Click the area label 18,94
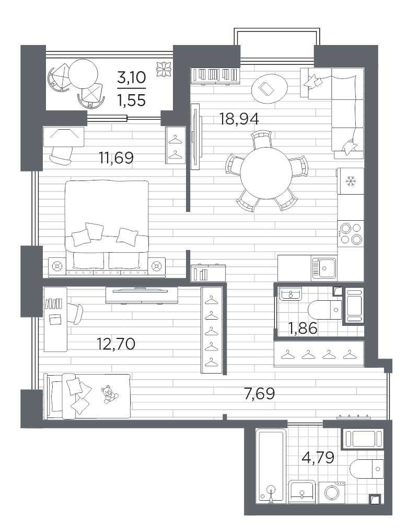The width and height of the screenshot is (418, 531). (x=239, y=119)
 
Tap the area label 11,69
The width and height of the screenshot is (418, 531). (x=116, y=158)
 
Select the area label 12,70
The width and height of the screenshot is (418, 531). (x=116, y=344)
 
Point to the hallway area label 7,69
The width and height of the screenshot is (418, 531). (x=259, y=393)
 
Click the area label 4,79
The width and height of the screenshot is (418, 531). (x=318, y=458)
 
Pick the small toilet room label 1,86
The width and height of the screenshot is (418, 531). (x=303, y=328)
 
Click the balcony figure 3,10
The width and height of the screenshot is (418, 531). (x=132, y=77)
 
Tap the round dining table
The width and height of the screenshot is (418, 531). (x=266, y=173)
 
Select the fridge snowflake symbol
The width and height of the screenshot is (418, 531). (x=351, y=182)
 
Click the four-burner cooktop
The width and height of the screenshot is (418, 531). (x=351, y=234)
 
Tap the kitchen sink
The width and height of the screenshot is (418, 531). (x=324, y=268)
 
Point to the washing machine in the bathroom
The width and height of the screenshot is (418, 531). (x=332, y=491)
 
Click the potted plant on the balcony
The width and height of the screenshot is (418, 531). (x=164, y=69)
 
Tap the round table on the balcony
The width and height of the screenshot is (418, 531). (x=83, y=74)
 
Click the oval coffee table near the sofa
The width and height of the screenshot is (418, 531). (x=270, y=88)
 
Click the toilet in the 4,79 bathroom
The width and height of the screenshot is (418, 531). (x=367, y=469)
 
